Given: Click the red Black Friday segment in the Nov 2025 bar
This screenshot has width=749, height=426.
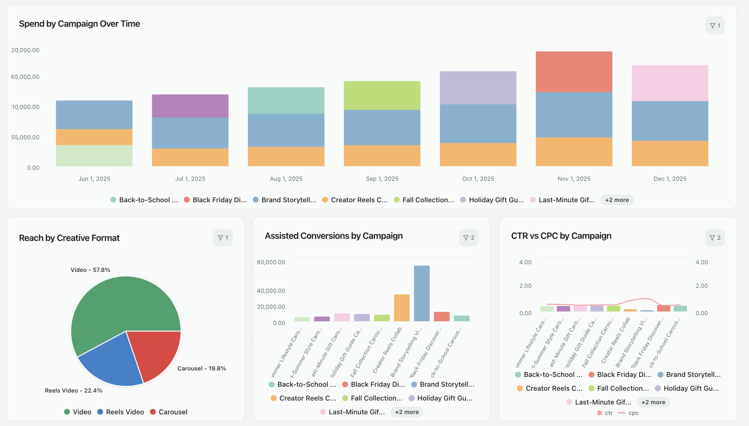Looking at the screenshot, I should (574, 72).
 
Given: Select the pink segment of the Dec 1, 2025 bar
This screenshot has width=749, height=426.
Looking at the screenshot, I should (670, 83).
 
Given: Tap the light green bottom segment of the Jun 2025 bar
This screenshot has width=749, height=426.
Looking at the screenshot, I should (94, 156).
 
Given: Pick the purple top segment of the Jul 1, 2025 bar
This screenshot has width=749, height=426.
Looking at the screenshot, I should (190, 106).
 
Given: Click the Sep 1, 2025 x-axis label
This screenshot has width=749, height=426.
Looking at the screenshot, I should (382, 179).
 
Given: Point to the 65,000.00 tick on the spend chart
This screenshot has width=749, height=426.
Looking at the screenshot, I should (25, 77).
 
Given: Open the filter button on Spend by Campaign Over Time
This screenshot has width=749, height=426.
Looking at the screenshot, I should (715, 25).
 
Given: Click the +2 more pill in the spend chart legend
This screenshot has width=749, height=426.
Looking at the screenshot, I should (617, 200).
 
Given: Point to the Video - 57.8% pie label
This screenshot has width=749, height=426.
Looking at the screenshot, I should (90, 270).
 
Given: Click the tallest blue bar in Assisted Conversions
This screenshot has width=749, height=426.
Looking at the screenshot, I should (422, 293).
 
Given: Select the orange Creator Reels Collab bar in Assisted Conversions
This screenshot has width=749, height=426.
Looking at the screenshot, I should (402, 308).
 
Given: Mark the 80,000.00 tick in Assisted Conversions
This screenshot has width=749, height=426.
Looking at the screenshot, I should (271, 262).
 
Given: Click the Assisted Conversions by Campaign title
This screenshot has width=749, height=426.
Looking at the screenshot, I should (334, 236).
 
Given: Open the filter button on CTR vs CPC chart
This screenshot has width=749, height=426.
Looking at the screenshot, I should (715, 238).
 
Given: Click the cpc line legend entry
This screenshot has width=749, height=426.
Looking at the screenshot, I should (628, 413).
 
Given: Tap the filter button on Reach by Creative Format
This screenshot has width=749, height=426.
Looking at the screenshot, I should (223, 238).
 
